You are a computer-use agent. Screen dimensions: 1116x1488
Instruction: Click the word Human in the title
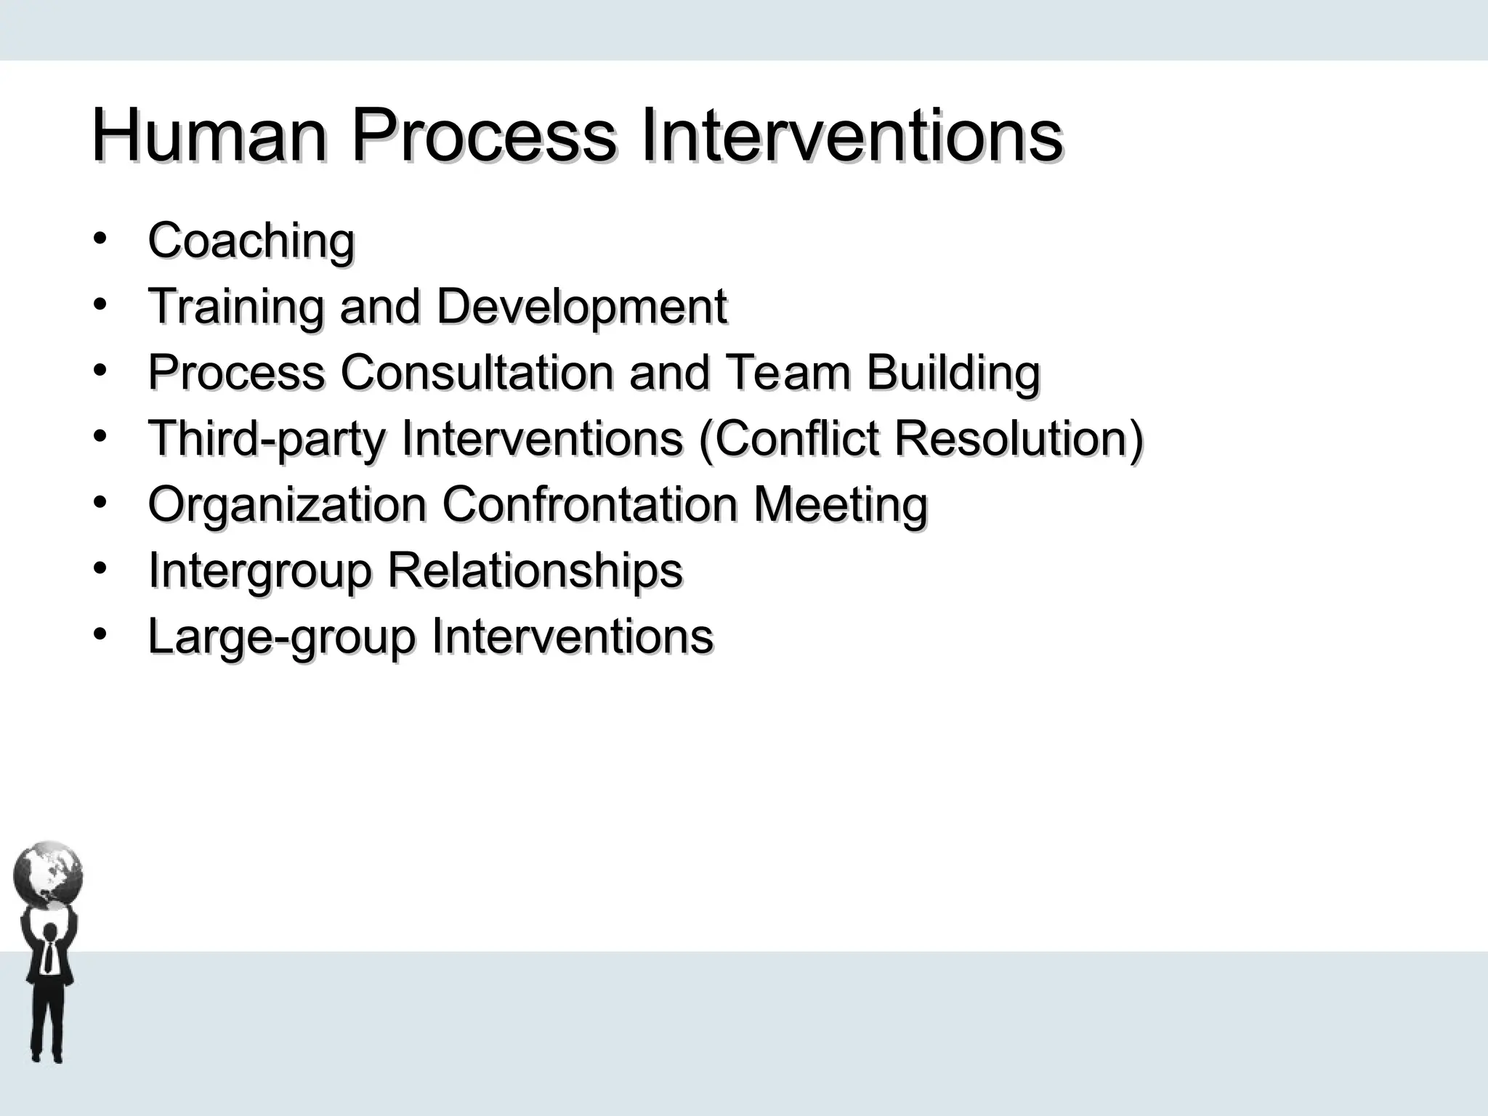[209, 136]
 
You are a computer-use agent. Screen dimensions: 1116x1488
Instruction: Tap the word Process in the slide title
[484, 136]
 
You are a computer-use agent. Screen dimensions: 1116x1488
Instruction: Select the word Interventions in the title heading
[852, 136]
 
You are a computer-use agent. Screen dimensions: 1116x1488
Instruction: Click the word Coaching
[251, 240]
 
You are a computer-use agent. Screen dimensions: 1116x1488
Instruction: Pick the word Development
[581, 306]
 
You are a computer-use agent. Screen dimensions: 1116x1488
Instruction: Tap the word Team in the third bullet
[788, 372]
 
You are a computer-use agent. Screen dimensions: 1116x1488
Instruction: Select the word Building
[953, 373]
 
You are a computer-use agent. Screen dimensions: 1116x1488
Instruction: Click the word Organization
[287, 505]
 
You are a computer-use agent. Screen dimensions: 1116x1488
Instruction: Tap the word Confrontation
[590, 505]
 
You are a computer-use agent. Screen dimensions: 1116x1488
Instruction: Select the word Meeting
[841, 505]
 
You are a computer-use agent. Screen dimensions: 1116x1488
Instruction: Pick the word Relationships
[535, 571]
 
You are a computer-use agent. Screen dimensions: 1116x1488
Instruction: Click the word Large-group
[281, 637]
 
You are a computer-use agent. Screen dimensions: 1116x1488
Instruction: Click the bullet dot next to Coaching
[100, 238]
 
